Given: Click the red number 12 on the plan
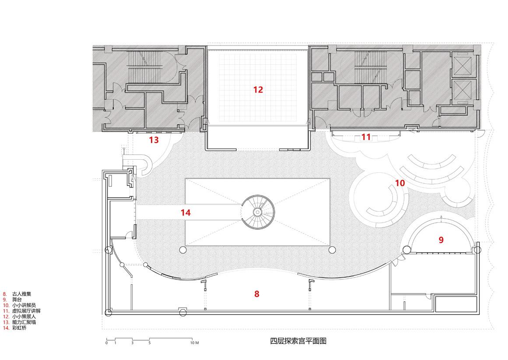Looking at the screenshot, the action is tap(258, 90).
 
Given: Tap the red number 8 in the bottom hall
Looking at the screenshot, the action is tap(257, 294).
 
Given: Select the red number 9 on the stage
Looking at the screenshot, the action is tap(441, 240).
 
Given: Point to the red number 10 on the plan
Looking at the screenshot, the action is tap(400, 183).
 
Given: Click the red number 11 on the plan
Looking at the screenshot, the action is tap(366, 137).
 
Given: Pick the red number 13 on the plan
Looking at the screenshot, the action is tap(154, 140).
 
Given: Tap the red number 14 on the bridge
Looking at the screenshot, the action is tap(186, 213).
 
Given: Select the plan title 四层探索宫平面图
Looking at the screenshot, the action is tap(298, 341).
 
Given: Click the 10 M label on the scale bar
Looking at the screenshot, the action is tap(194, 343).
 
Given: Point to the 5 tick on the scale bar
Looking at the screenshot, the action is tap(149, 343).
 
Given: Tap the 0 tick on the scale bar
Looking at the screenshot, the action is tap(106, 343).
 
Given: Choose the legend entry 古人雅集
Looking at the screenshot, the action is tap(22, 294).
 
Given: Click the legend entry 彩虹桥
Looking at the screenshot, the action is tap(19, 327).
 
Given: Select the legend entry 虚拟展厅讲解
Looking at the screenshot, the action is tap(26, 311).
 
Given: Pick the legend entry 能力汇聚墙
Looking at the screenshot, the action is tap(24, 322).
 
